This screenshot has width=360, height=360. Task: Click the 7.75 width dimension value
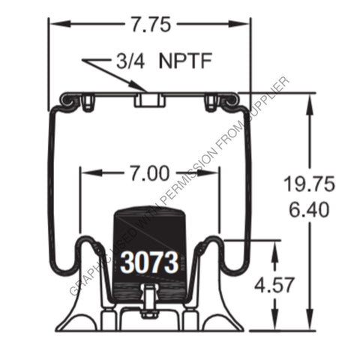(150, 24)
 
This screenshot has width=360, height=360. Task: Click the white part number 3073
(150, 263)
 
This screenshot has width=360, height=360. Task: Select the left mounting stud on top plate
(89, 99)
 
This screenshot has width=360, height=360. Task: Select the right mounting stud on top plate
(211, 99)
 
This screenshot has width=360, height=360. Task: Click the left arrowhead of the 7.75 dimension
(55, 24)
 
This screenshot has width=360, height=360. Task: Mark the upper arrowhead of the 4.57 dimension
(276, 245)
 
